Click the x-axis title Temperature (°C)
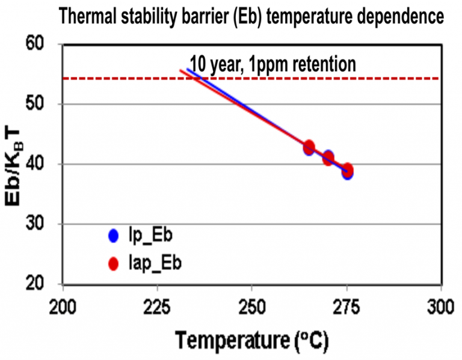[252, 340]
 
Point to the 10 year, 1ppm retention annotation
[274, 64]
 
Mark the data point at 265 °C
[309, 147]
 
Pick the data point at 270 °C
[328, 157]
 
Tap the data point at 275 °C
[347, 171]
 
